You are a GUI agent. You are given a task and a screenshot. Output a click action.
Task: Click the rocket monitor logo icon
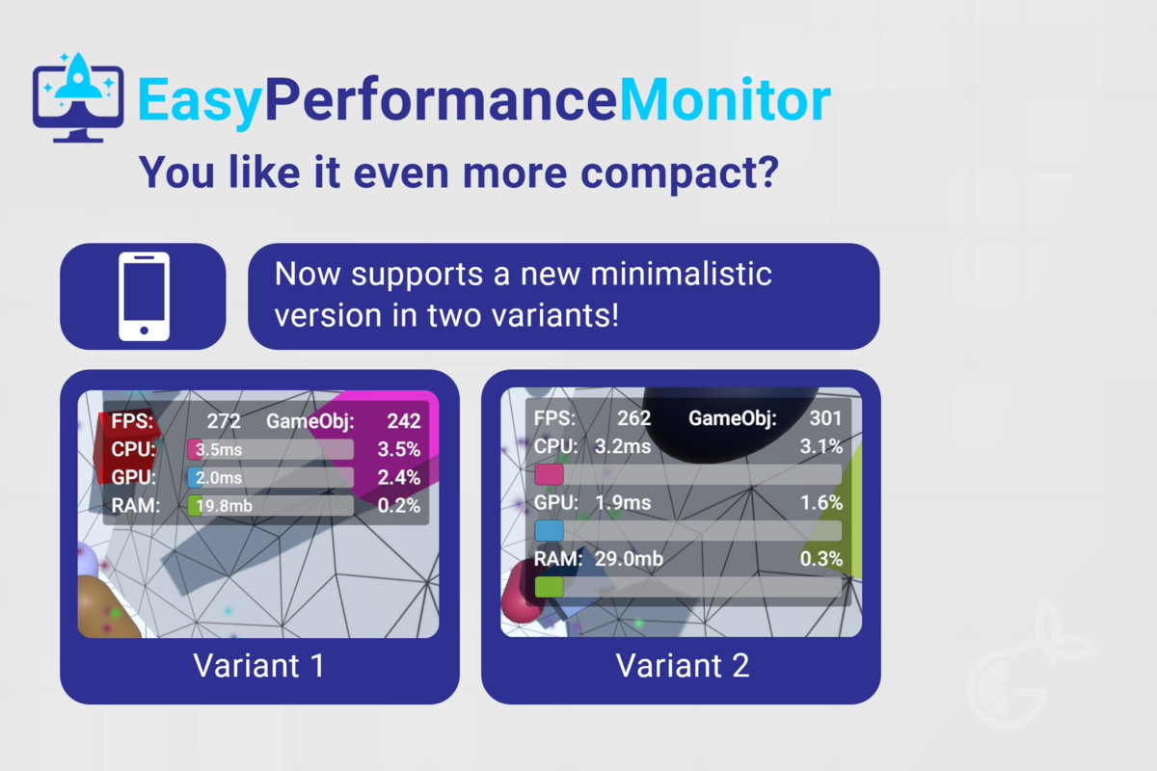pyautogui.click(x=78, y=97)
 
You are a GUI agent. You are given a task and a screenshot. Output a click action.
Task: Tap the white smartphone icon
pyautogui.click(x=144, y=297)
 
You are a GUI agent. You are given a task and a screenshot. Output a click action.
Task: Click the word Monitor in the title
pyautogui.click(x=725, y=99)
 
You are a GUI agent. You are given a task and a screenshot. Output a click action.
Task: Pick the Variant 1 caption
pyautogui.click(x=258, y=665)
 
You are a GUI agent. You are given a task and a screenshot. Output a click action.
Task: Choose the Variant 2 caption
pyautogui.click(x=683, y=665)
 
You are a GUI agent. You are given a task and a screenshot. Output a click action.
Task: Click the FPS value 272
pyautogui.click(x=224, y=421)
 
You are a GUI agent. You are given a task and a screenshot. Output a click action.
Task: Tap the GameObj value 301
pyautogui.click(x=825, y=418)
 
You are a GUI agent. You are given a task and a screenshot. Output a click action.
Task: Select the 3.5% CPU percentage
pyautogui.click(x=399, y=449)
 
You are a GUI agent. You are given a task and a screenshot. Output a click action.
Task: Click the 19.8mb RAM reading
pyautogui.click(x=224, y=506)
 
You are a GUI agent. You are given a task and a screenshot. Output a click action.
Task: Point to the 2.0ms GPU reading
pyautogui.click(x=219, y=478)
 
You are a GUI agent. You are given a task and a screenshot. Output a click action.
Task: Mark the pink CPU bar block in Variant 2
pyautogui.click(x=549, y=474)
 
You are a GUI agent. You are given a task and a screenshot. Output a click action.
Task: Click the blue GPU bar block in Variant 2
pyautogui.click(x=549, y=531)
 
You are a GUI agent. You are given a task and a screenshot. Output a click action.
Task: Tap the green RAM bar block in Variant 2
pyautogui.click(x=549, y=587)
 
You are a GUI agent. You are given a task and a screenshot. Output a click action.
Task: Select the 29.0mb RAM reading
pyautogui.click(x=629, y=559)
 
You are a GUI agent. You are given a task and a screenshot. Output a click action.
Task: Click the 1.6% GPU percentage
pyautogui.click(x=821, y=502)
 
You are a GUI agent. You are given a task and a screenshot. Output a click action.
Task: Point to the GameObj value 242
pyautogui.click(x=403, y=421)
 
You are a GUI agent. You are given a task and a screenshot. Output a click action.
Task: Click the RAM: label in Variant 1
pyautogui.click(x=135, y=506)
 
